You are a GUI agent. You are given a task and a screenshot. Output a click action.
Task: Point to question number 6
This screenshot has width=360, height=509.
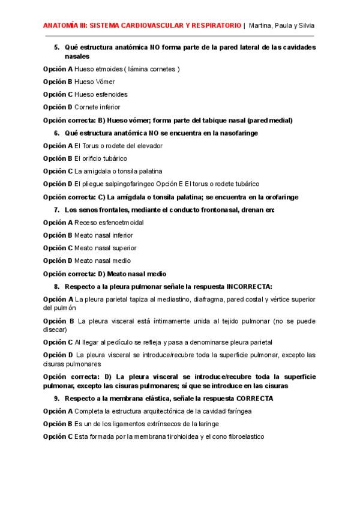click(x=56, y=133)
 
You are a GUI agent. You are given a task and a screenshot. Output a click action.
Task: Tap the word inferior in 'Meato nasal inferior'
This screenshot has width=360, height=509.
click(x=121, y=235)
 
